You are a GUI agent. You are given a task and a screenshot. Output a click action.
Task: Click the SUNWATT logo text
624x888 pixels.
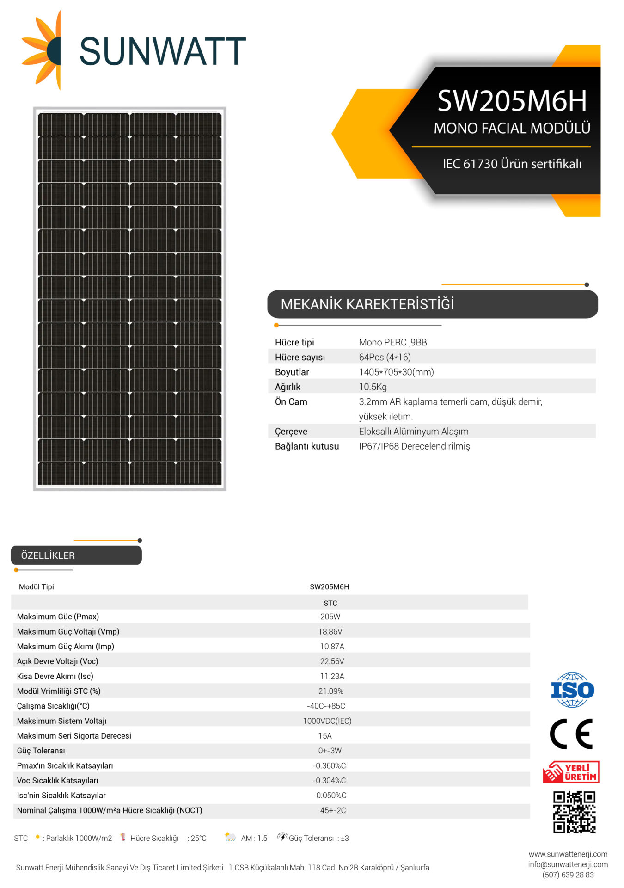coord(162,51)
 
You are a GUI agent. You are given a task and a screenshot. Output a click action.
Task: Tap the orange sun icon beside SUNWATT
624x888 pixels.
coord(43,50)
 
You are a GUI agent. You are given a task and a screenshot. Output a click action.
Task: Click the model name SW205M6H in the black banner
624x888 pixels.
coord(512,101)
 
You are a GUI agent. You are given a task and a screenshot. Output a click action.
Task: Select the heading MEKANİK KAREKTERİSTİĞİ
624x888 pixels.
coord(367,304)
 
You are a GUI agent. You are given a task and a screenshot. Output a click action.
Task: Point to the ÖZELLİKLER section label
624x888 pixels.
coord(48,555)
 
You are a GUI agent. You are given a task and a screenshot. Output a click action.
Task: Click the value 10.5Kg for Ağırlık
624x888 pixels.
coord(373,387)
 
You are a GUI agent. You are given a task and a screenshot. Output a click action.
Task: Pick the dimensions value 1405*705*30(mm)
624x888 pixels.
coord(396,372)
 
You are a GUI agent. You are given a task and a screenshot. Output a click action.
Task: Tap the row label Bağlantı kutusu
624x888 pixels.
coord(307,446)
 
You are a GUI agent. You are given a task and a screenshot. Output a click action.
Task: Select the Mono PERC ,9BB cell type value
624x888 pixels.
coord(393,342)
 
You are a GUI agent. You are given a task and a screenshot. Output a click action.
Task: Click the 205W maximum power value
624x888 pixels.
coord(330,617)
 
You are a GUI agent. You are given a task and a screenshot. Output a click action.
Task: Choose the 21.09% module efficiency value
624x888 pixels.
coord(330,691)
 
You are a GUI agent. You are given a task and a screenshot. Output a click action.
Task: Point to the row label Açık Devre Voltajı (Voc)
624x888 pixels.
coord(58,661)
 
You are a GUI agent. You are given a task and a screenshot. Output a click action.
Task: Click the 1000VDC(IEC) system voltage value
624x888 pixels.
coord(327,721)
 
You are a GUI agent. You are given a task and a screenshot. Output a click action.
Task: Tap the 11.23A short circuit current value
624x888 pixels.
coord(332,676)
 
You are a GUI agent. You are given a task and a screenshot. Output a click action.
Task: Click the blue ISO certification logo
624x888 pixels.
coord(572,690)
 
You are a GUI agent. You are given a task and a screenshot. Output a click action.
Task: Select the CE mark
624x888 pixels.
coord(571,734)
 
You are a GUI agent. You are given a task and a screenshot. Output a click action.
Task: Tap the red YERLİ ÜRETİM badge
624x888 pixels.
coord(571,772)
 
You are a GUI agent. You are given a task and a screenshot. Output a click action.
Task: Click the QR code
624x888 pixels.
coord(574,812)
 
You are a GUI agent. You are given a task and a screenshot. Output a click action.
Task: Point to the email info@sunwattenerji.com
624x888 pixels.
coord(568,864)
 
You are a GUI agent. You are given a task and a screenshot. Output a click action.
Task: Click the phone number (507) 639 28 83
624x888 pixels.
coord(568,875)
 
